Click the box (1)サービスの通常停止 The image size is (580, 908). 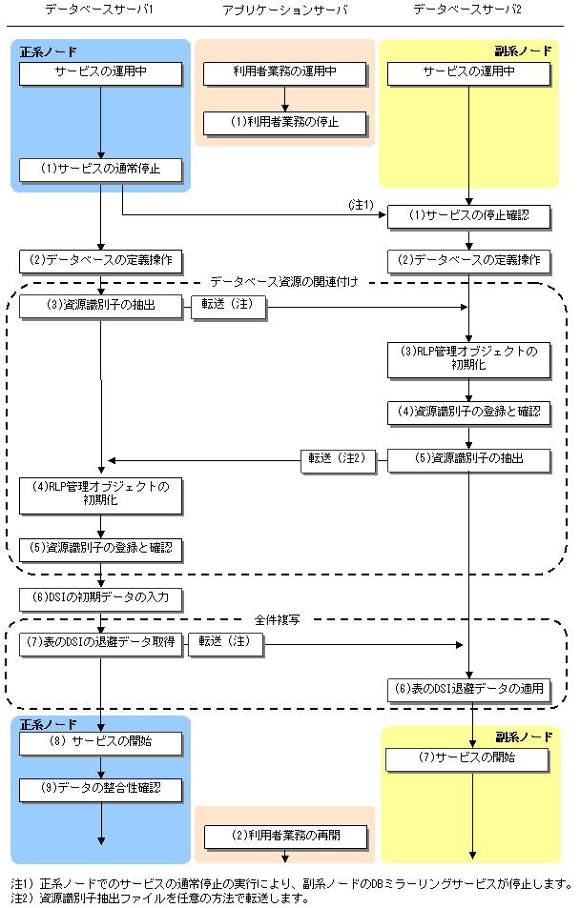101,170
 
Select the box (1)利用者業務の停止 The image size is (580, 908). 285,123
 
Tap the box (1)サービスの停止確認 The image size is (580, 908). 468,216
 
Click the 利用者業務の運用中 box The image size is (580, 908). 285,73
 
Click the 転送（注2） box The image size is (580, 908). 338,460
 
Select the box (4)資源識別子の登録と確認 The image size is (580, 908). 468,413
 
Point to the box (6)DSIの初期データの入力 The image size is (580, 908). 101,599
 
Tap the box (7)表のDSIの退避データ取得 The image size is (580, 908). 101,644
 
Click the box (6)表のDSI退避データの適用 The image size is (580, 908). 468,690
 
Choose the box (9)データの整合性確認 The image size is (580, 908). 101,790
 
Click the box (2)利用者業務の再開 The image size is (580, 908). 286,837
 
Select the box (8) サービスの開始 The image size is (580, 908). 101,743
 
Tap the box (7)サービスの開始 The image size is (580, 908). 466,759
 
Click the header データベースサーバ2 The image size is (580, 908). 467,10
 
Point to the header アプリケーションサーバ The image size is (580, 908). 285,10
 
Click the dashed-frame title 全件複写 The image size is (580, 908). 278,620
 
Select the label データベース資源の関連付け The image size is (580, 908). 284,282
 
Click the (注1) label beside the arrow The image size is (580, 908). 361,205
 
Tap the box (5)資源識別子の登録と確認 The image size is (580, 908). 101,550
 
